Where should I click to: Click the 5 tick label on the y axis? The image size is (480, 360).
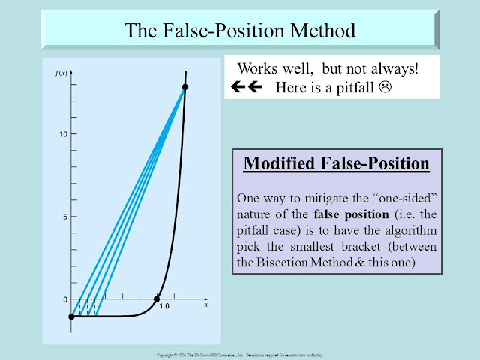tap(66, 217)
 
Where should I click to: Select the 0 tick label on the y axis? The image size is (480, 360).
tap(64, 300)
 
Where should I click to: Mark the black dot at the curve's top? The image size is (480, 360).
tap(184, 88)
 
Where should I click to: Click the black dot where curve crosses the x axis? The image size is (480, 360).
tap(157, 300)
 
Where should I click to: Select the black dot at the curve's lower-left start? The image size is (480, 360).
tap(71, 316)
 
